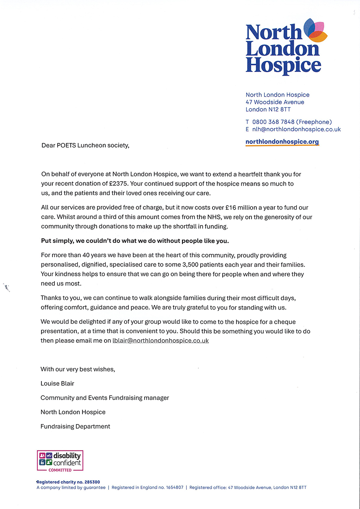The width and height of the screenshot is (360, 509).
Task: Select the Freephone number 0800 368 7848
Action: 273,122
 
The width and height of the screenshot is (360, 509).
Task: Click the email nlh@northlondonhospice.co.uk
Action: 296,129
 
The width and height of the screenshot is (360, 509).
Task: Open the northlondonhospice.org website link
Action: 282,142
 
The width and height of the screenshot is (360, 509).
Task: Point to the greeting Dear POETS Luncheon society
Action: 85,145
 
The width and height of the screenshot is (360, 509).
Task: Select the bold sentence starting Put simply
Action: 135,241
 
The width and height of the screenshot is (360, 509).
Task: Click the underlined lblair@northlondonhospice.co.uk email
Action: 160,341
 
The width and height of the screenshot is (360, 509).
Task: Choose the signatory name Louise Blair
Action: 57,383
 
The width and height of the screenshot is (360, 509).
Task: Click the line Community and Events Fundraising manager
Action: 104,398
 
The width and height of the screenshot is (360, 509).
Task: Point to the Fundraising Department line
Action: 75,426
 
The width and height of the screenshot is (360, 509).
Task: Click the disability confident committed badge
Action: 60,461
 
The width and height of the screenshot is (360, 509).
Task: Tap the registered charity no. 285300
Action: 68,482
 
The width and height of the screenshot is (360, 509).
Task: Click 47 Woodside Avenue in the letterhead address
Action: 275,102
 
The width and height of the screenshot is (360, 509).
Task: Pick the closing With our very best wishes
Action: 78,369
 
